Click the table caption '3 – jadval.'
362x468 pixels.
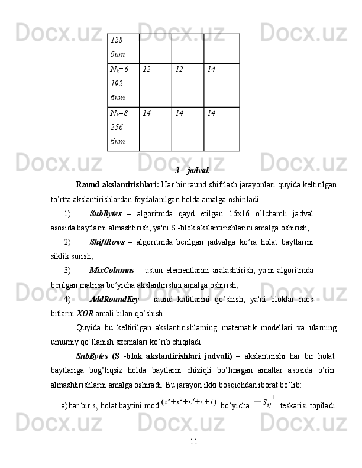pos(192,171)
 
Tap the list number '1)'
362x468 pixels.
pos(67,213)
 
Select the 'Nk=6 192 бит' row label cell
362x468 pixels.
pos(122,84)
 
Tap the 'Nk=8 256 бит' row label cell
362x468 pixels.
pos(122,128)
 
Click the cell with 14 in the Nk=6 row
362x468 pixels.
pos(222,84)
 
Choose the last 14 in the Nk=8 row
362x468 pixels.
pos(222,128)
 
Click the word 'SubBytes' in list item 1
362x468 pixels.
pos(106,213)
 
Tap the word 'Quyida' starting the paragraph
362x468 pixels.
pos(89,327)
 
